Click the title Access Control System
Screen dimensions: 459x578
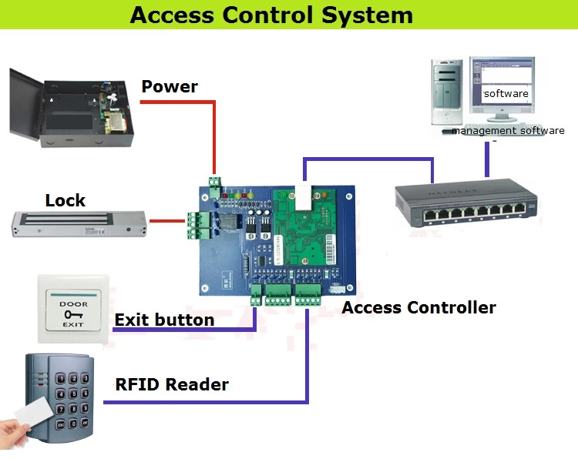click(271, 15)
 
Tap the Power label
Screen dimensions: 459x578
click(170, 86)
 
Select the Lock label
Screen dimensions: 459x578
click(66, 201)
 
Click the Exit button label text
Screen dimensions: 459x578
click(164, 320)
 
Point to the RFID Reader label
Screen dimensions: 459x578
click(171, 384)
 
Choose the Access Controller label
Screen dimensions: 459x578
click(418, 308)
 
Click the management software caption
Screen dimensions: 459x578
click(508, 131)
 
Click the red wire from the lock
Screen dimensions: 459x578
click(165, 222)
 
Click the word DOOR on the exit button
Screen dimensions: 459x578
click(74, 303)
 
